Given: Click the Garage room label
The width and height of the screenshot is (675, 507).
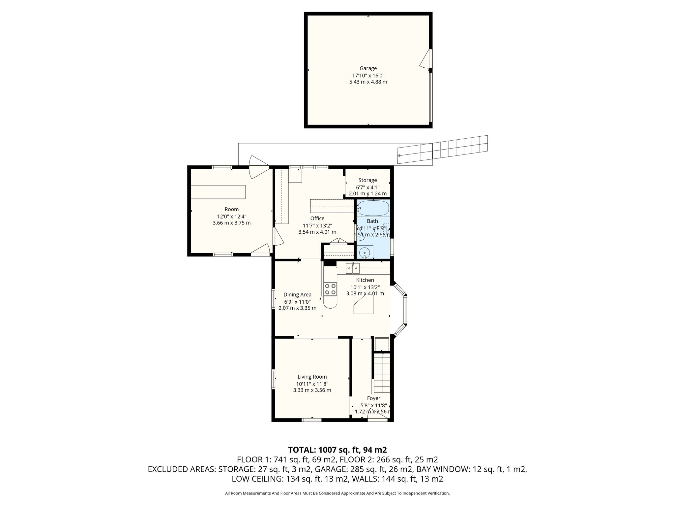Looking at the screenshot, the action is click(368, 68).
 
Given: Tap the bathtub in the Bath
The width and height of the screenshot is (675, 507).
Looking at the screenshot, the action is click(373, 208).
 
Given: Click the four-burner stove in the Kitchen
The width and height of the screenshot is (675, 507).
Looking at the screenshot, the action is click(330, 289).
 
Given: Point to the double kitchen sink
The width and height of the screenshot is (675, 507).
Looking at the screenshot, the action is click(353, 269).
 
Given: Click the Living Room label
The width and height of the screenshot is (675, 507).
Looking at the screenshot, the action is click(312, 377).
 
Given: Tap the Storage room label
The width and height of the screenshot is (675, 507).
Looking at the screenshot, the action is click(367, 180).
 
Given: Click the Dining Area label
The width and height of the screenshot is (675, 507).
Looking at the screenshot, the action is click(297, 295).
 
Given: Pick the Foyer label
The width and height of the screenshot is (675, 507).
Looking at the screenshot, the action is click(374, 398).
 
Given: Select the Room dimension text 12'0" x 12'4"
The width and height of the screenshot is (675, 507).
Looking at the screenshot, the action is click(231, 217).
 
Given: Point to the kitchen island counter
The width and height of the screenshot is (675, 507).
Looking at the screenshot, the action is click(364, 305).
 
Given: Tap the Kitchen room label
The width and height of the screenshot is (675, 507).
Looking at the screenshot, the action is click(365, 280).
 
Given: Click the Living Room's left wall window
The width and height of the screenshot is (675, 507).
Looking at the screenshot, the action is click(273, 379).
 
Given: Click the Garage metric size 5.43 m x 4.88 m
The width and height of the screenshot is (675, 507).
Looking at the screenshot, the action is click(368, 82).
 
